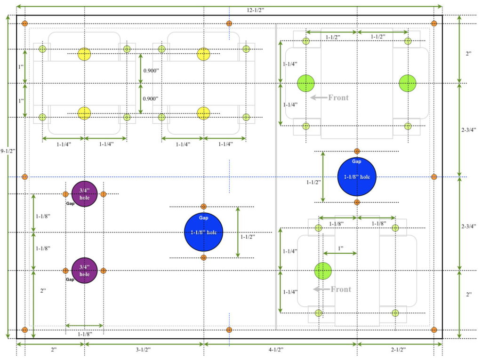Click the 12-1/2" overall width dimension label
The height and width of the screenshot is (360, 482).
(x=255, y=10)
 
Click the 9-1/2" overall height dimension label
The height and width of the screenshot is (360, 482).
(x=8, y=151)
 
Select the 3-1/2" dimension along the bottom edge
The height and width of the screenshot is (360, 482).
(x=143, y=350)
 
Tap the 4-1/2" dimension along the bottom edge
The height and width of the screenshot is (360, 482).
(x=276, y=350)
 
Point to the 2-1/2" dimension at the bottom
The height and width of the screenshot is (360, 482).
(x=398, y=350)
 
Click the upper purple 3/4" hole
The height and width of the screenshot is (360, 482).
(x=85, y=194)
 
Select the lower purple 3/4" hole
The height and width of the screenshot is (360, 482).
(x=85, y=271)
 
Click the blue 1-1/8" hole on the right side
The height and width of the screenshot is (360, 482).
(x=357, y=177)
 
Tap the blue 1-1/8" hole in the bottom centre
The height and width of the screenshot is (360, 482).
(x=203, y=232)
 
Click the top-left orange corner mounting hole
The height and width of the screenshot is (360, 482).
(x=25, y=24)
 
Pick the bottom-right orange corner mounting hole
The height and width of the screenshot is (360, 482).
(x=434, y=330)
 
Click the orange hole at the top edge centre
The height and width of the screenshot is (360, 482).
(x=229, y=24)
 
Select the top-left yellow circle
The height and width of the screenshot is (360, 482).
(x=84, y=54)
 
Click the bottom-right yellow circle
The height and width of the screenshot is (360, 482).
(x=203, y=113)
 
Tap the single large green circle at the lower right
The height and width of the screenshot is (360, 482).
(x=323, y=271)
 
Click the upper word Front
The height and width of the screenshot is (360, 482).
(x=338, y=98)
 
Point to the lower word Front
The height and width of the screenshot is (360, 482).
(x=341, y=289)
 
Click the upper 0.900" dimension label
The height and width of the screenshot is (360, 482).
(x=151, y=71)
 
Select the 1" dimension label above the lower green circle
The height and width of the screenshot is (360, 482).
(x=341, y=248)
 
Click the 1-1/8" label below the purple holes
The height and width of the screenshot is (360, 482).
(x=85, y=334)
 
